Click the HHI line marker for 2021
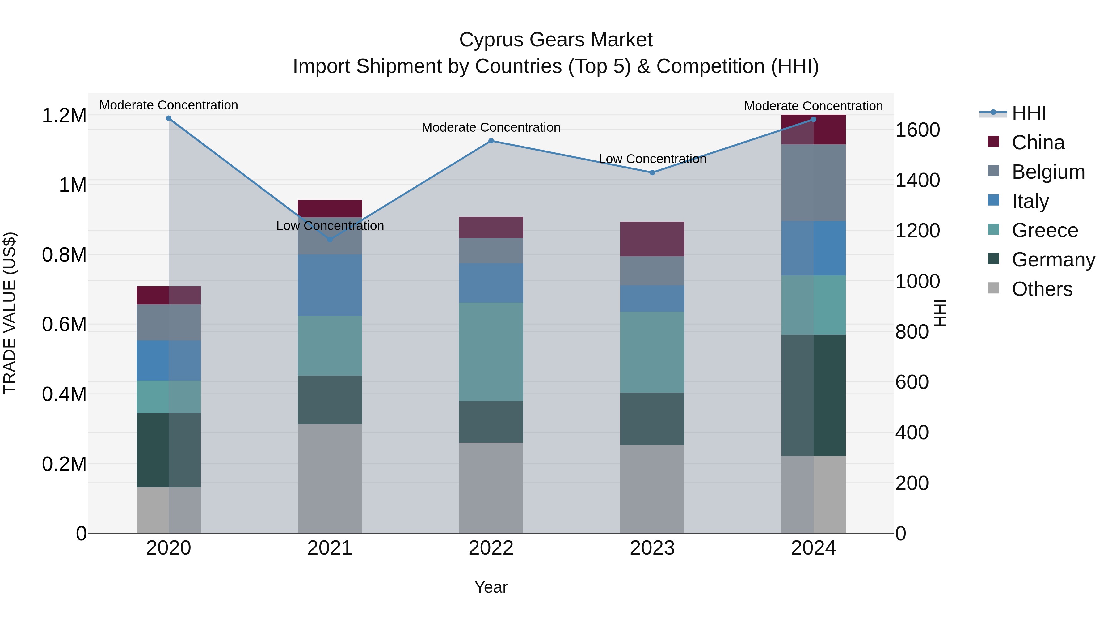point(330,239)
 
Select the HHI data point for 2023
point(652,172)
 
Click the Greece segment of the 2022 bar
point(491,352)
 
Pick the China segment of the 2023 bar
point(652,239)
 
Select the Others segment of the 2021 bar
point(330,478)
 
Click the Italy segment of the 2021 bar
point(330,285)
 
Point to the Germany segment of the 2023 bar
point(652,419)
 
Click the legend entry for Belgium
point(1048,172)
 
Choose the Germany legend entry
point(1053,260)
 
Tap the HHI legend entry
point(1029,113)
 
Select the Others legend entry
point(1042,289)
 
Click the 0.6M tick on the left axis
point(64,325)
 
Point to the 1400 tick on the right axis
point(917,180)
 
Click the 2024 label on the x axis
point(813,548)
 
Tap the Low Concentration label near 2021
point(330,226)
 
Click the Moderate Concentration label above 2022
point(491,127)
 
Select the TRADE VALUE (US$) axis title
point(10,313)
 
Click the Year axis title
point(491,587)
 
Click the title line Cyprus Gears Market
point(556,40)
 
